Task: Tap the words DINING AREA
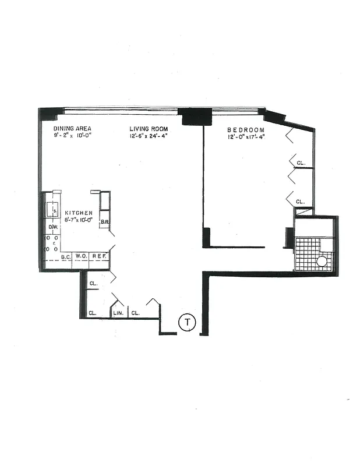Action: [x=72, y=129]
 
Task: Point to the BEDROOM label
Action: [x=246, y=130]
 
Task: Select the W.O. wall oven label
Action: [x=81, y=256]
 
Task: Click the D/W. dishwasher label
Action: [x=52, y=227]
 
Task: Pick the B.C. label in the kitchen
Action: [x=66, y=256]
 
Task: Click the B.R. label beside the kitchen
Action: [x=105, y=221]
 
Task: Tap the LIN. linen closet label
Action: [x=117, y=313]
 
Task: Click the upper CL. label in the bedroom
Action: [x=301, y=164]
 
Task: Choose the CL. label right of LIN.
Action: [x=135, y=313]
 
